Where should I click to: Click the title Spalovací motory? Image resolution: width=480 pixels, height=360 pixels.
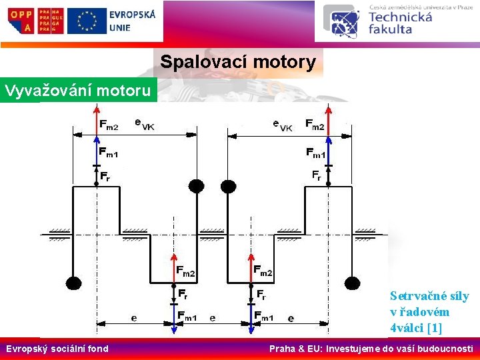coord(238,63)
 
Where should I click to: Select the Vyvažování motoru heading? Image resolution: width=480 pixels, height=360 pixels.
coord(78,89)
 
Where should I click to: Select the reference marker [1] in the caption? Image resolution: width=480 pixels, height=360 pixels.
coord(434,327)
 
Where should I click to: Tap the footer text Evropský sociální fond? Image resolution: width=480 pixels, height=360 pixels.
coord(57,349)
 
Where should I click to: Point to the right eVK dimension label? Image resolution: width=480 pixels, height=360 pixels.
coord(283,124)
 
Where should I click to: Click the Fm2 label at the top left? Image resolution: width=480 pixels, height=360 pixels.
coord(109,124)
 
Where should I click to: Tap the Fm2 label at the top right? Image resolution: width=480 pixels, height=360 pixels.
coord(315,124)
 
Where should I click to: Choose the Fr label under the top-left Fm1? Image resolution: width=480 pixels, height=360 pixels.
coord(105,176)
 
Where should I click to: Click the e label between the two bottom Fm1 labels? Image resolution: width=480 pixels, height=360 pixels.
coord(213,318)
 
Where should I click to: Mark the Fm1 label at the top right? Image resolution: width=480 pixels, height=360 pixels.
coord(315,153)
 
